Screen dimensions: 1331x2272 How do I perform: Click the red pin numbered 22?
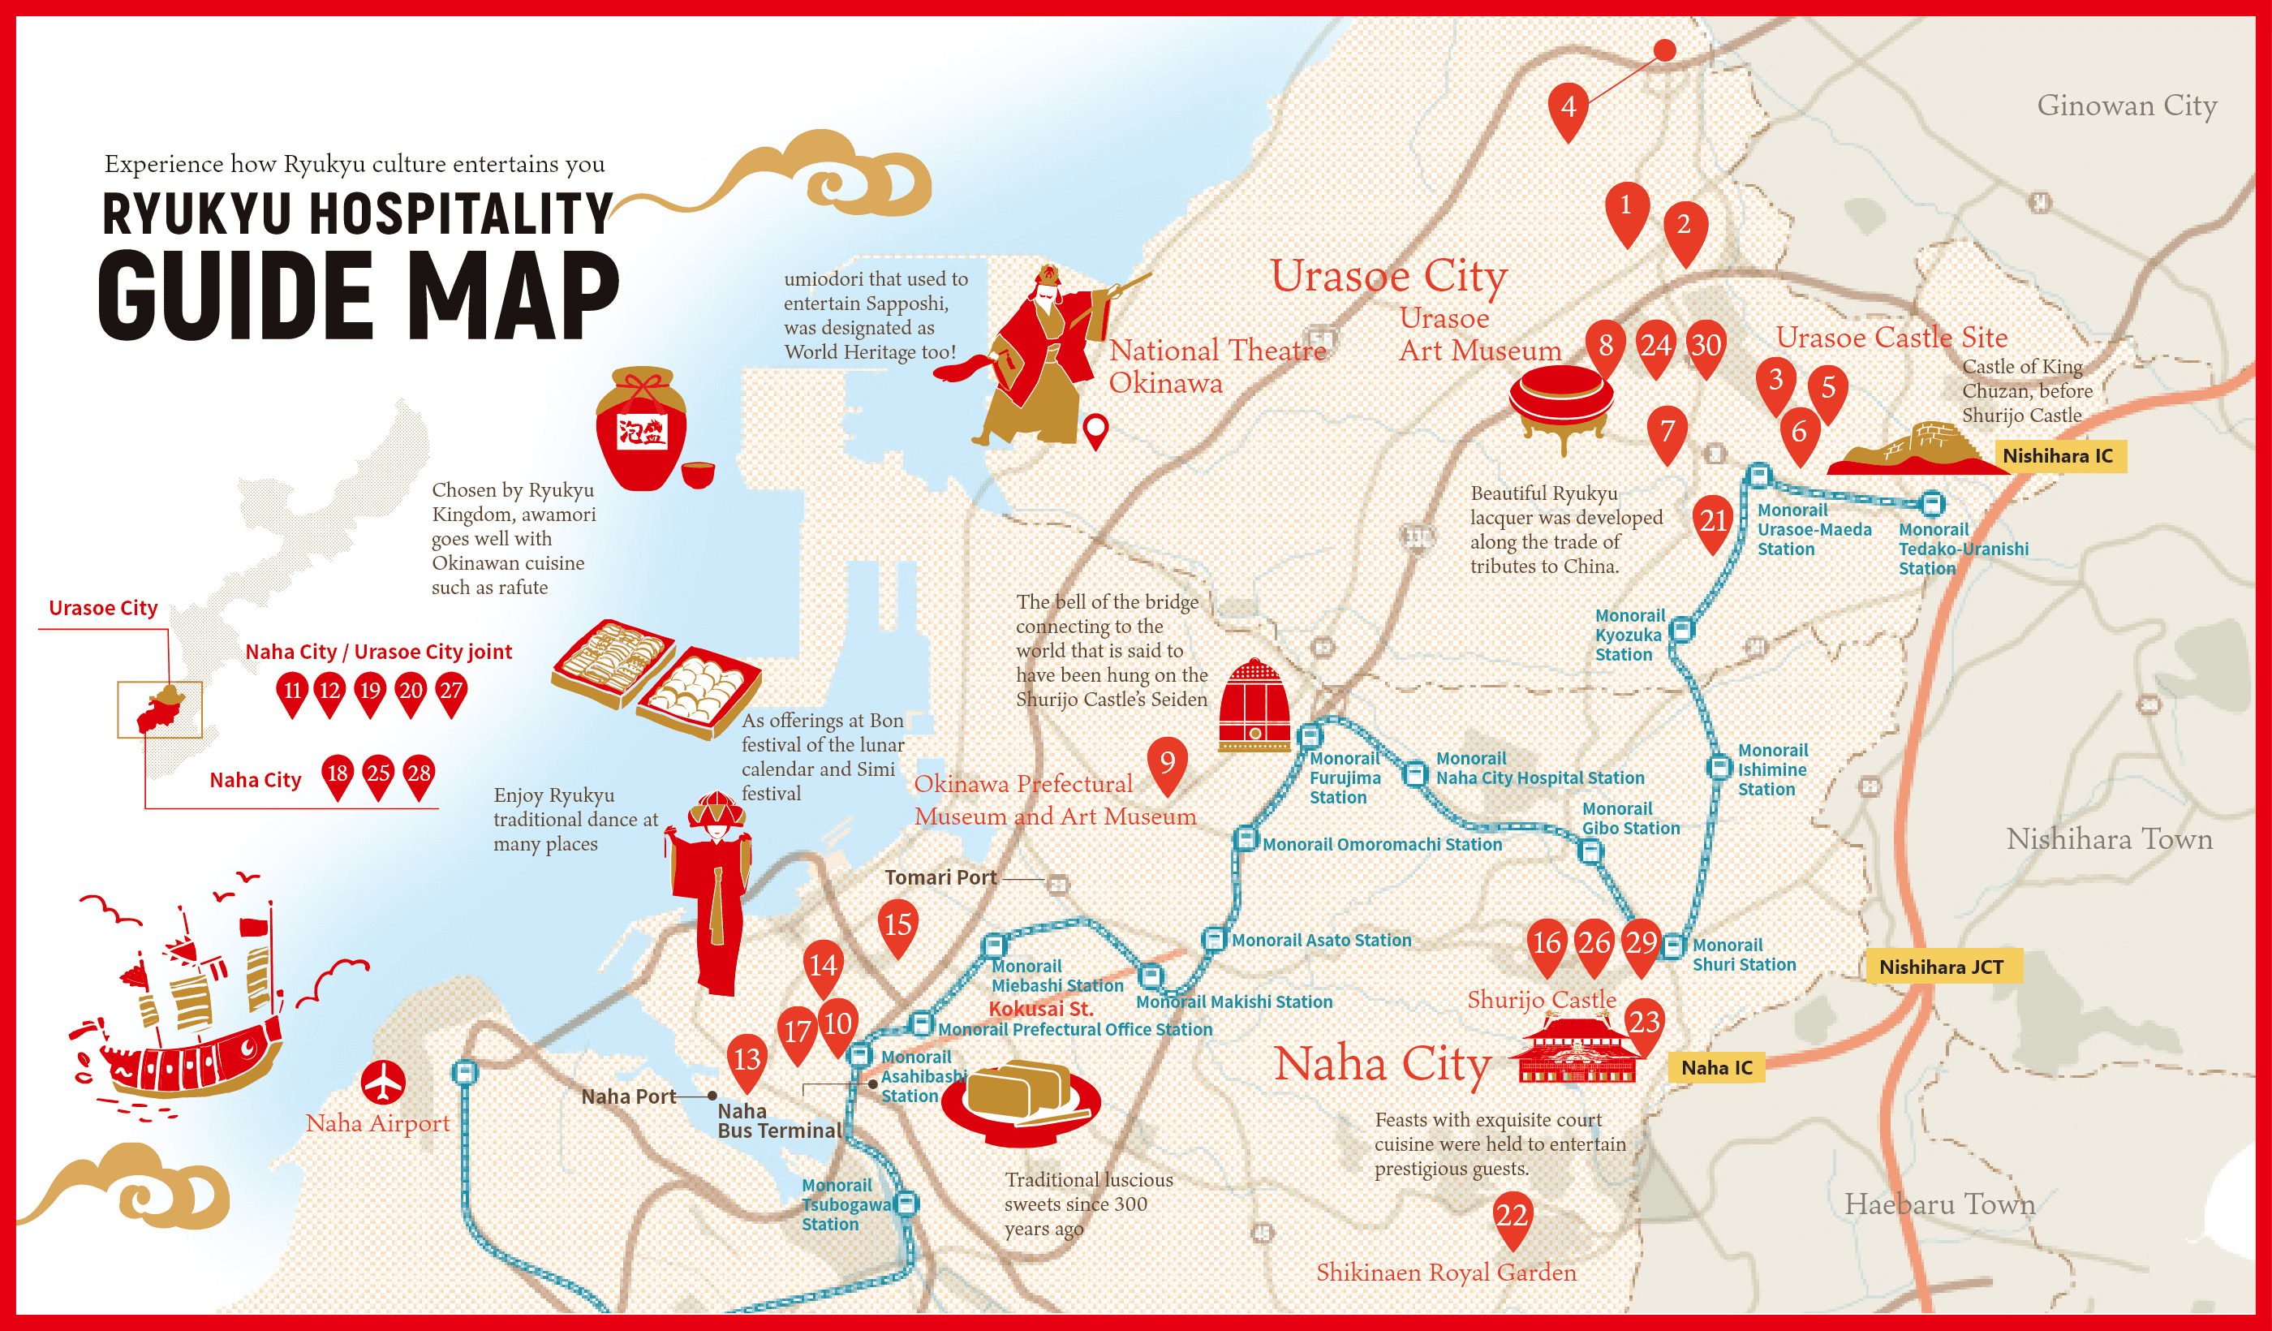[1512, 1217]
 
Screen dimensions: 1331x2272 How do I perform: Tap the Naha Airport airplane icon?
[383, 1081]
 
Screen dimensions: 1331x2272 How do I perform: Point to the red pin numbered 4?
[1568, 107]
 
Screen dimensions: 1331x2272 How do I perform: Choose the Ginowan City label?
[2126, 106]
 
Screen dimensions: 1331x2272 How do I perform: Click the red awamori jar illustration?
[641, 429]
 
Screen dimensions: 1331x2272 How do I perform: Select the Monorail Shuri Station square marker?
[1672, 946]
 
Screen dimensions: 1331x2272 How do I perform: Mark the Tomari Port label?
[940, 877]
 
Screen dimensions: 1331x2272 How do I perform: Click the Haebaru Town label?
[1939, 1204]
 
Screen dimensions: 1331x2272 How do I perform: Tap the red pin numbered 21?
[1713, 521]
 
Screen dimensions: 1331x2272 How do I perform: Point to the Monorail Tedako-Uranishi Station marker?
[1931, 503]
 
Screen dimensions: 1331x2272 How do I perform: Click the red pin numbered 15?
[897, 925]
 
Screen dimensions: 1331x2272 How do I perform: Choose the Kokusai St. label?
[1040, 1009]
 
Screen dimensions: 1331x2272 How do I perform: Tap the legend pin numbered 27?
[451, 692]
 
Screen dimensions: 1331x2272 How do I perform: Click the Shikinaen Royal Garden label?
[1445, 1273]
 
